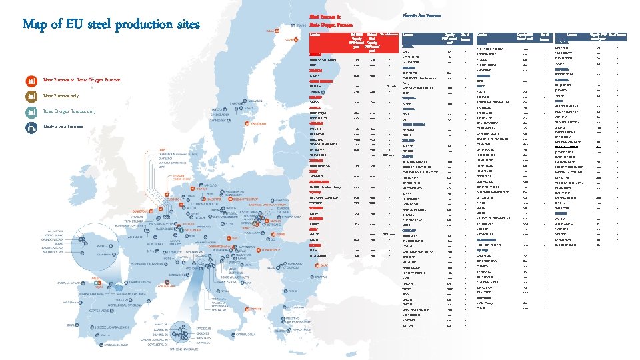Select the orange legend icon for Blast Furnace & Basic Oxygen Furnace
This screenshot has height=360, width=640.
(x=31, y=81)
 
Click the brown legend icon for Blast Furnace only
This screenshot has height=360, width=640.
(x=31, y=96)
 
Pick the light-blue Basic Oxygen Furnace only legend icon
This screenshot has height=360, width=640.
(x=31, y=111)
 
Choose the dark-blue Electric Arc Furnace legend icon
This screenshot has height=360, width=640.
(x=31, y=127)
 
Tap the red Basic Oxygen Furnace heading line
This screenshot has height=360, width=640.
(x=331, y=24)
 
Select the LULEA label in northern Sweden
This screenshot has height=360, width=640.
(x=273, y=30)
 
